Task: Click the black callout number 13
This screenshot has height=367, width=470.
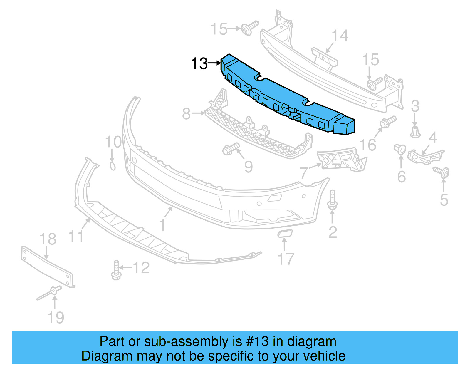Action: tap(199, 63)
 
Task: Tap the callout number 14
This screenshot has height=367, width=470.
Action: tap(340, 36)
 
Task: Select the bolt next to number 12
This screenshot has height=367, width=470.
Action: tap(116, 270)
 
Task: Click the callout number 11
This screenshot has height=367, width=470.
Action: tap(76, 236)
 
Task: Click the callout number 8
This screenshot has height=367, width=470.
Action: tap(186, 114)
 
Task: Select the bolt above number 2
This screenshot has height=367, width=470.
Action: tap(332, 200)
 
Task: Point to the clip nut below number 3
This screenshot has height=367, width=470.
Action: tap(415, 132)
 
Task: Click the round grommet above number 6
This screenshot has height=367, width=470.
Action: tap(400, 149)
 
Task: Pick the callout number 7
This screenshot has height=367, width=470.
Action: tap(304, 173)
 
